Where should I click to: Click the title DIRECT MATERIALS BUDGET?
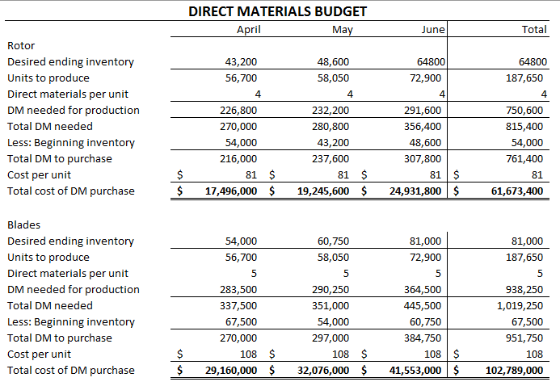pyautogui.click(x=277, y=11)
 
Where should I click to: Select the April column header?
pyautogui.click(x=248, y=30)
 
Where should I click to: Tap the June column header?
pyautogui.click(x=433, y=30)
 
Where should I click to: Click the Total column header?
pyautogui.click(x=534, y=30)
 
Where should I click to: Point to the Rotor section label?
pyautogui.click(x=20, y=46)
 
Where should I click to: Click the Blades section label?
pyautogui.click(x=23, y=224)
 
